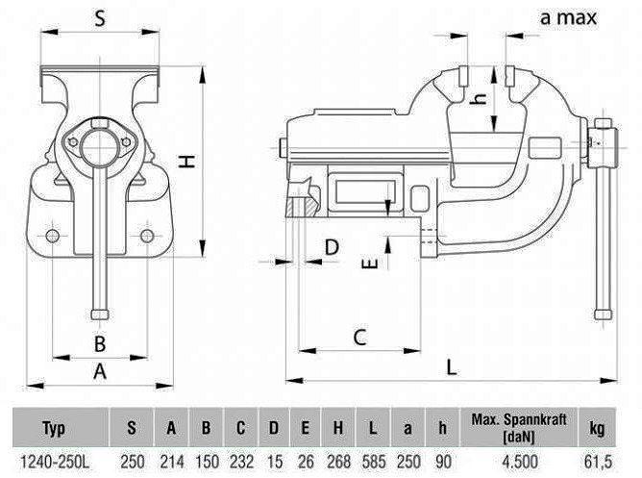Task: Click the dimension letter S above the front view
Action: coord(99,16)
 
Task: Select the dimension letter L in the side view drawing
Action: coord(452,365)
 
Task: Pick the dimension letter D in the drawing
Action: coord(332,248)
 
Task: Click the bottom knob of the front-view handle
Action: coord(100,314)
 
